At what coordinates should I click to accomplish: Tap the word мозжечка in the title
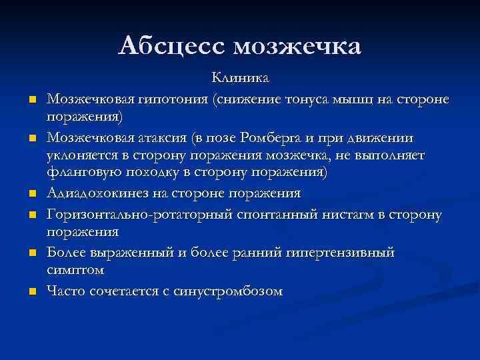(x=297, y=46)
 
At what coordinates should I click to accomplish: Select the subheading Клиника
(x=240, y=79)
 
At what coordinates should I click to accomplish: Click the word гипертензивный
(x=339, y=253)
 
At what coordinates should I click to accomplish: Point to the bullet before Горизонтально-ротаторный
(x=31, y=215)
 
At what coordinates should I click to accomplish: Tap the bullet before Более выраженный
(x=31, y=254)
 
